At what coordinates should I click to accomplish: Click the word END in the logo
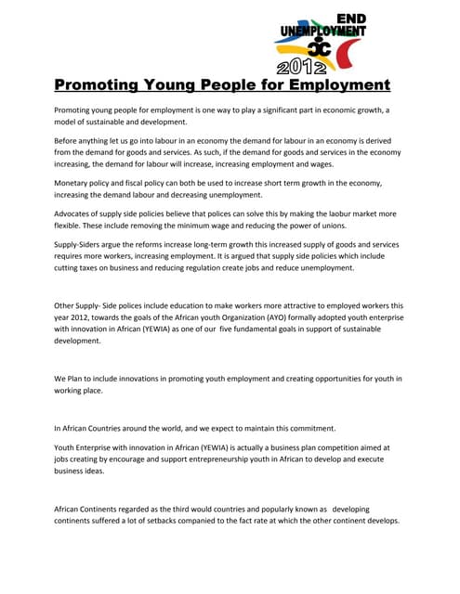point(349,19)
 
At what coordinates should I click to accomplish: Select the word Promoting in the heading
point(97,85)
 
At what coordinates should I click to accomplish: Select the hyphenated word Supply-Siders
point(84,244)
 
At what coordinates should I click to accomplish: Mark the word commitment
point(306,429)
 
